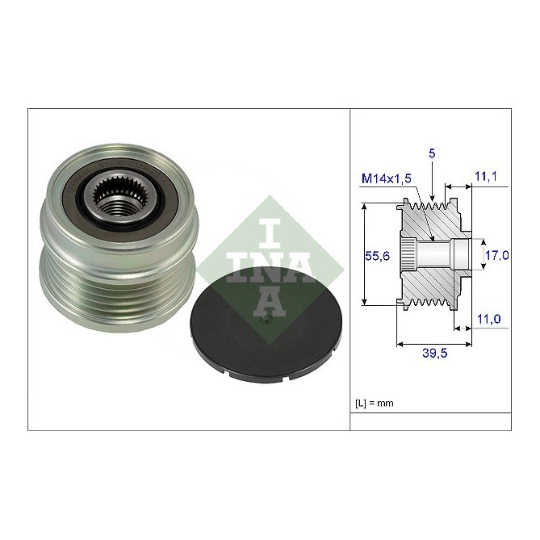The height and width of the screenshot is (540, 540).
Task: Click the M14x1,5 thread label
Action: point(387,178)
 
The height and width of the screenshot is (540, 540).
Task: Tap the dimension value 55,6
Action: point(377,256)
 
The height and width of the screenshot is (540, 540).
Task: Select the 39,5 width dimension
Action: point(434,353)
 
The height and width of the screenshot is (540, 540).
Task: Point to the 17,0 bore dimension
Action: point(497,255)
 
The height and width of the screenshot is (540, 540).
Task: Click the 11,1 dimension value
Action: point(486,176)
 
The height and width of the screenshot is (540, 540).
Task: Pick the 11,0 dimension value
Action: point(488,319)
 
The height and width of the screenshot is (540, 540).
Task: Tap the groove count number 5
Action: point(432,153)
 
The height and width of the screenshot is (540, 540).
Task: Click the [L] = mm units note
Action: point(374,403)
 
